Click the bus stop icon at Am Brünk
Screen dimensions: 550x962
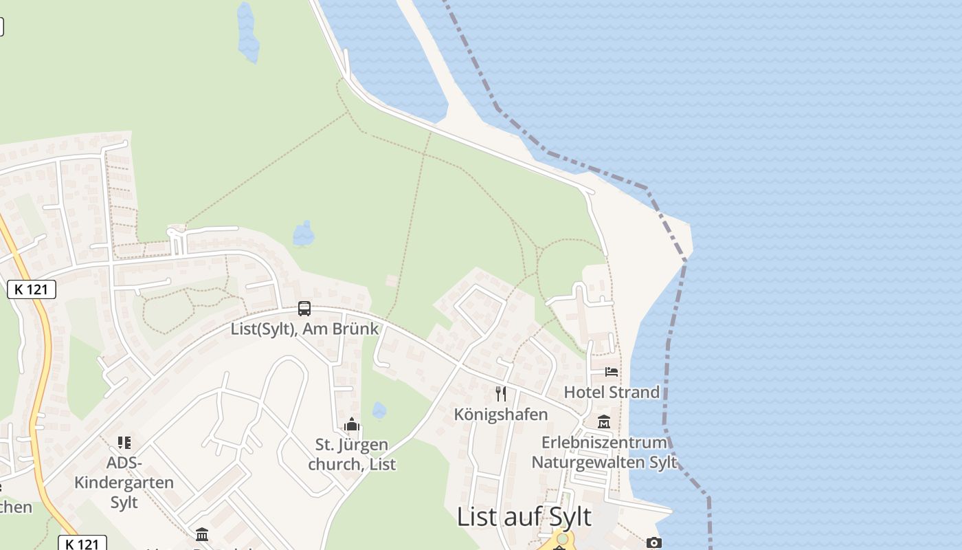click(304, 309)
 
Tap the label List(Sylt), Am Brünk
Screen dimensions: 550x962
click(304, 329)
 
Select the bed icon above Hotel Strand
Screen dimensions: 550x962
click(612, 372)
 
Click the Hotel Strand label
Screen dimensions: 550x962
click(612, 392)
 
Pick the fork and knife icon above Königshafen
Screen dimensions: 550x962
click(501, 393)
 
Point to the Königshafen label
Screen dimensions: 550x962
click(501, 414)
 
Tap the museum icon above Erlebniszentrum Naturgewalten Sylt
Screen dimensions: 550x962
click(604, 421)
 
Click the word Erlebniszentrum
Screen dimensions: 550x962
click(604, 442)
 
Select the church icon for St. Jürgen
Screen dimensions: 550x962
click(352, 425)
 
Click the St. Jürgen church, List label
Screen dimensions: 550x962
click(352, 454)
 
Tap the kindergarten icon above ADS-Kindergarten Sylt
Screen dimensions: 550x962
click(124, 443)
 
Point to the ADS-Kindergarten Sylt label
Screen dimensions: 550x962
click(124, 482)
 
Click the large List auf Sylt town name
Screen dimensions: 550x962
click(524, 517)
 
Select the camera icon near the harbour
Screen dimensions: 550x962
click(654, 542)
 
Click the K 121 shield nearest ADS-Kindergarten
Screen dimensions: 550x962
click(82, 544)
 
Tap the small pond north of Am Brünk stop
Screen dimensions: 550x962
click(304, 234)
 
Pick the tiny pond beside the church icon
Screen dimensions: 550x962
click(379, 410)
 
